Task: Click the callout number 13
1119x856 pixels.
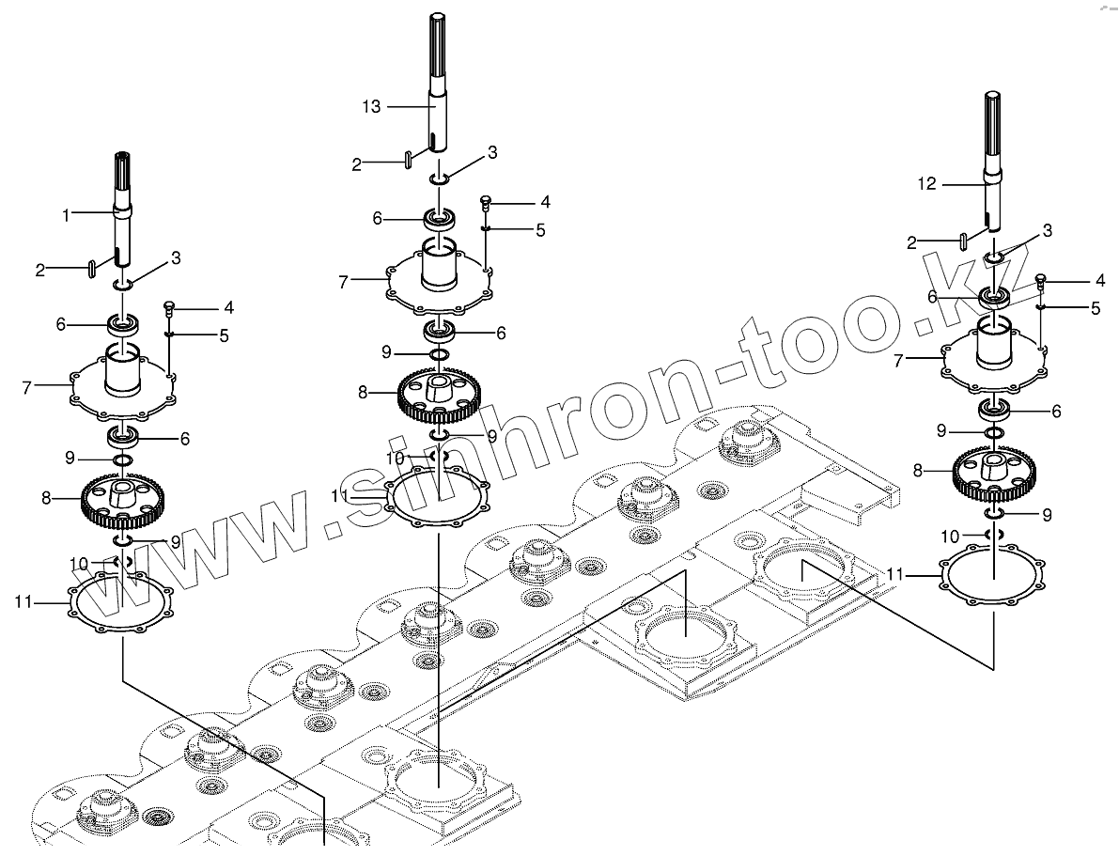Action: [x=371, y=107]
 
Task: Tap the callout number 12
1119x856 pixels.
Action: [x=926, y=184]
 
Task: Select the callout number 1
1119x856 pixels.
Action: [x=67, y=215]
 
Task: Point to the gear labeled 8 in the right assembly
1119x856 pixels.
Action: [x=994, y=475]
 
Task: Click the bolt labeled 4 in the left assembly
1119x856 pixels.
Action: [x=170, y=306]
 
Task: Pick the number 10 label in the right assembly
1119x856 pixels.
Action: [x=950, y=537]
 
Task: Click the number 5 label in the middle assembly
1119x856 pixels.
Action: [x=540, y=229]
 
